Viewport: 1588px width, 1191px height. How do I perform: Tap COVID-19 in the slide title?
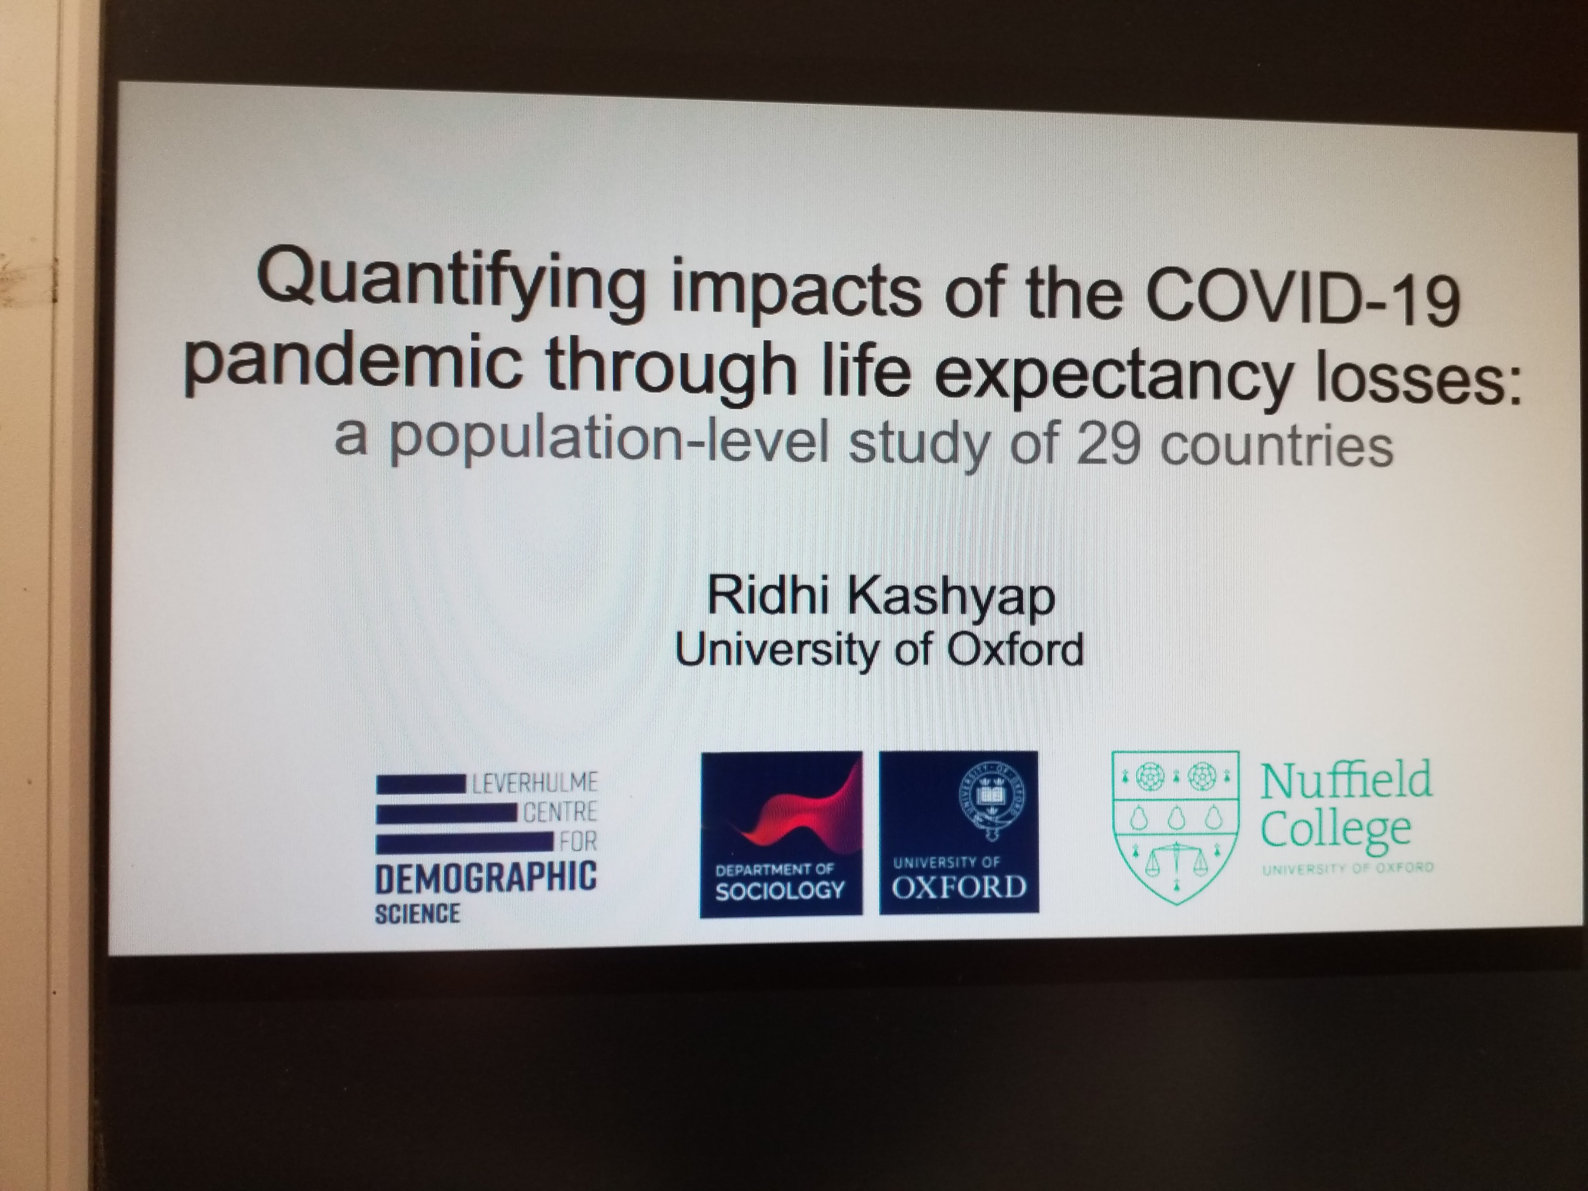(x=1303, y=294)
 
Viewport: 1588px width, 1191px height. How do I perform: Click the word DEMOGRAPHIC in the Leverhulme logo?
(x=486, y=877)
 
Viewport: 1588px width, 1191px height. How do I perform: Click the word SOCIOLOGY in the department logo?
(x=780, y=890)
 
